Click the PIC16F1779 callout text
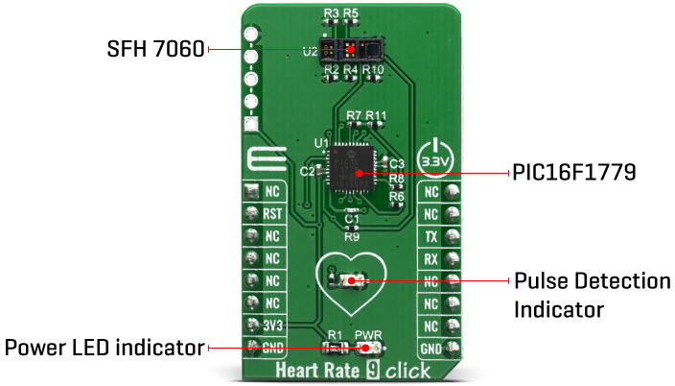[x=570, y=174]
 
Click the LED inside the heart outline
[x=351, y=280]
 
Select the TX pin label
[x=431, y=236]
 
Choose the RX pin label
[x=431, y=258]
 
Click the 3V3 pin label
[x=272, y=325]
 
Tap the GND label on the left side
[x=272, y=347]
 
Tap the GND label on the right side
[x=431, y=347]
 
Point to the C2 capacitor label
[x=307, y=171]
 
